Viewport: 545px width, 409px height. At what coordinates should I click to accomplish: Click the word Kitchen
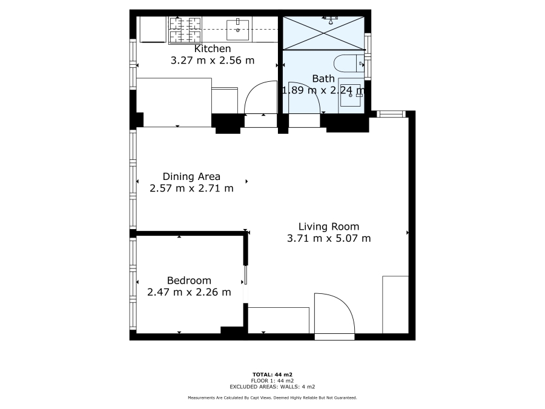coord(212,48)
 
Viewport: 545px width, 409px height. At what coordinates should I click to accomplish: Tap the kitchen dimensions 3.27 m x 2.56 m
coord(212,61)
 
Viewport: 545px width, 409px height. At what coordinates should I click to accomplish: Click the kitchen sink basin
coord(238,26)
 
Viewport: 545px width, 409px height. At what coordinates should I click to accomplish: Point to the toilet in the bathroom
coord(348,63)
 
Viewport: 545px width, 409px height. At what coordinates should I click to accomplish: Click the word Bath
coord(323,79)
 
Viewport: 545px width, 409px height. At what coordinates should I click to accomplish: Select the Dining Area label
coord(191,177)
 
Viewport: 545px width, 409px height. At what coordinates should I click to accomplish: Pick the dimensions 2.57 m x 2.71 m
coord(191,188)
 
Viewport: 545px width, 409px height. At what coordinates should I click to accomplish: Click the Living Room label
coord(329,227)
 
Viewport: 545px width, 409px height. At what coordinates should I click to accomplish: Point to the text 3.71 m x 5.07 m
coord(329,238)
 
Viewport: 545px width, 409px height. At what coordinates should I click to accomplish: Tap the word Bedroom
coord(189,281)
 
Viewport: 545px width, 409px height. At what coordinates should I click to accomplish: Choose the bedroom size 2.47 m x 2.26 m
coord(189,292)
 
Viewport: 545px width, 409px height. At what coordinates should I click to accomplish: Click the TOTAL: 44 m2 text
coord(272,374)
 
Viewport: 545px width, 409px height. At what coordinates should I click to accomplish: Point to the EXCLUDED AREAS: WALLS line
coord(272,386)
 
